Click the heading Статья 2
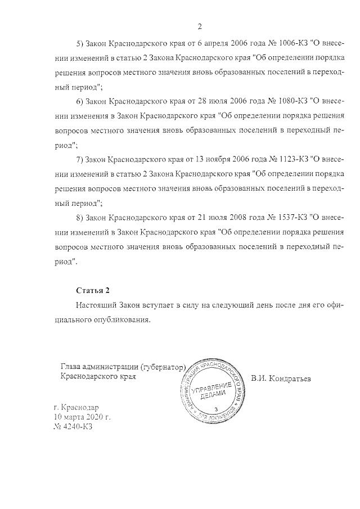92,290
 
